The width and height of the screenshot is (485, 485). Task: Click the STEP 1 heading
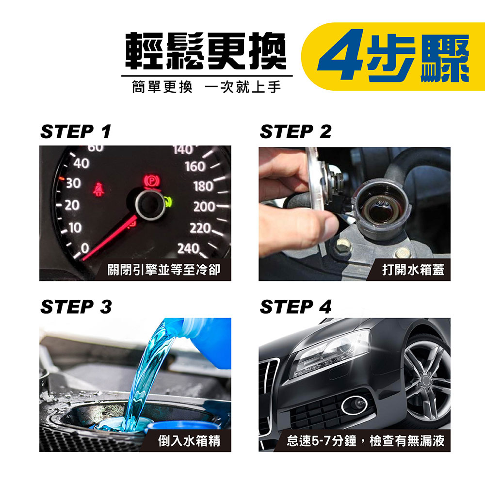[x=76, y=131]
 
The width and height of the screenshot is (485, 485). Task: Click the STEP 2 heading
[x=295, y=131]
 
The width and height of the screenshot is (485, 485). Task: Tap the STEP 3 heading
[x=76, y=307]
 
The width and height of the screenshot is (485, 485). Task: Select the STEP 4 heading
[x=295, y=307]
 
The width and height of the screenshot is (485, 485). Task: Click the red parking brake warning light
[x=152, y=181]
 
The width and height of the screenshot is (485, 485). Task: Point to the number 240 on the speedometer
[x=188, y=248]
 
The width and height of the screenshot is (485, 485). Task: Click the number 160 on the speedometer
[x=195, y=166]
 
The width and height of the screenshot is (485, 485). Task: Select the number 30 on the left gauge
[x=73, y=183]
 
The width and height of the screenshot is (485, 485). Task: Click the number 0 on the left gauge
[x=85, y=248]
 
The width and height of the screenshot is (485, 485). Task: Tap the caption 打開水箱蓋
[x=413, y=270]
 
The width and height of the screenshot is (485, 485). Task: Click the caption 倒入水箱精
[x=189, y=441]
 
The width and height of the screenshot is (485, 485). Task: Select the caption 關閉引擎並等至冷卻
[x=164, y=270]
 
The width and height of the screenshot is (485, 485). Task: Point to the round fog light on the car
[x=355, y=405]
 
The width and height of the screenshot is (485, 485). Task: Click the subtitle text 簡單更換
[x=162, y=87]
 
